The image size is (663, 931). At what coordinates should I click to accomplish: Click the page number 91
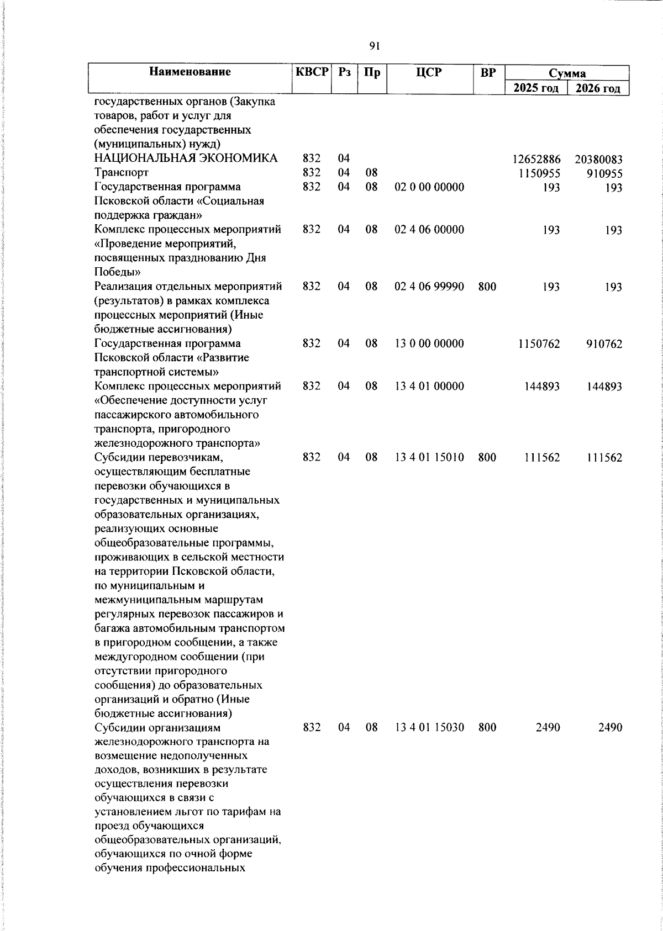[374, 46]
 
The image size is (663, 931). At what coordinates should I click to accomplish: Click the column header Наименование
[190, 72]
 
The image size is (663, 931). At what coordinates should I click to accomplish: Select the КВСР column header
[312, 72]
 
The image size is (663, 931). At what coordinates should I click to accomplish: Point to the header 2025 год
[536, 88]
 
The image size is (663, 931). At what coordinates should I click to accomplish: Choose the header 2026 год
[598, 88]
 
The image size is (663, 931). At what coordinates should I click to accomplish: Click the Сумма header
[567, 73]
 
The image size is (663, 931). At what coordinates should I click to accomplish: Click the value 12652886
[536, 160]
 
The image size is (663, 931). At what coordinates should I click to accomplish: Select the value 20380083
[598, 160]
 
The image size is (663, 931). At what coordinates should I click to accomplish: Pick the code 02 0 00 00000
[429, 187]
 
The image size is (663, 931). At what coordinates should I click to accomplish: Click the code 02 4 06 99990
[429, 287]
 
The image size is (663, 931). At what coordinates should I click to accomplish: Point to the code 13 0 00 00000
[429, 343]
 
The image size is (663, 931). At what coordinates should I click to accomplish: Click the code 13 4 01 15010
[429, 457]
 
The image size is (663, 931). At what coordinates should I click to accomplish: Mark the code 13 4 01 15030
[429, 727]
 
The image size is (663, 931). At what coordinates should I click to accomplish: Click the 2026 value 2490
[610, 728]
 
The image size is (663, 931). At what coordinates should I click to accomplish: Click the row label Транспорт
[122, 173]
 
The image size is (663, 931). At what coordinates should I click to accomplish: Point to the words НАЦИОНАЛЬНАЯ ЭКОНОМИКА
[186, 159]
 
